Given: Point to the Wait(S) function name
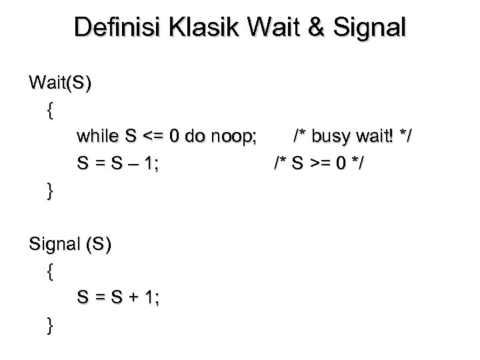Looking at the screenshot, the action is click(x=61, y=83).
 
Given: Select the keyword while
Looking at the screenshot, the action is click(x=97, y=137).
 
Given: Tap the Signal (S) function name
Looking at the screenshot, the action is click(x=71, y=244).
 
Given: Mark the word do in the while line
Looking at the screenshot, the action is click(x=187, y=137).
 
